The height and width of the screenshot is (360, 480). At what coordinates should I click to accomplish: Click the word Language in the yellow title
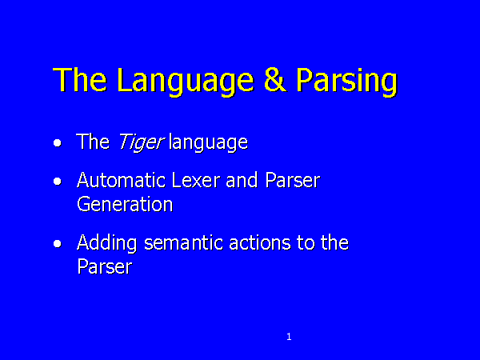pos(186,81)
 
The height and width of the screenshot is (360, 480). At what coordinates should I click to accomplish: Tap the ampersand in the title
pos(275,79)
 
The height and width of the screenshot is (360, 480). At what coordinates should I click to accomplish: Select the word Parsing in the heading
pos(346,81)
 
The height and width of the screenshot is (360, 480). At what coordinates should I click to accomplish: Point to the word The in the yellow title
pos(80,79)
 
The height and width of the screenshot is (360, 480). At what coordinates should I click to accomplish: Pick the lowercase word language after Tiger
pos(208,142)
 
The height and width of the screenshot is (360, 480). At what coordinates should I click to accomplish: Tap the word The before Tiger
pos(93,142)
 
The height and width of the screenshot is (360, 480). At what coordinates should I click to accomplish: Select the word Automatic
pos(122,180)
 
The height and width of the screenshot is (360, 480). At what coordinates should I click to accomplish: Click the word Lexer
pos(196,180)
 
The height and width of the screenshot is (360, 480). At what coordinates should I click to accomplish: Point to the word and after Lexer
pos(242,180)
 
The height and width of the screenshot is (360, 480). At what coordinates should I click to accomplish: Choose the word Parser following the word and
pos(293,180)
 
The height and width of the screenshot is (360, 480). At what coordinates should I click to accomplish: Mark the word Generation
pos(125,204)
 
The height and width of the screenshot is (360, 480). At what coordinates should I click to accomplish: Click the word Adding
pos(106,244)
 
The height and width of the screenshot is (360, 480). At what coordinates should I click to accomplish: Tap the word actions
pos(259,242)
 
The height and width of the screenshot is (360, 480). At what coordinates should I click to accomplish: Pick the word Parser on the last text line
pos(104,266)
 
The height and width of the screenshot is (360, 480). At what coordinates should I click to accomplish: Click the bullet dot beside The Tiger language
pos(58,143)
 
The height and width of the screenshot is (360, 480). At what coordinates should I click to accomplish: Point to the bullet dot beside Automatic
pos(58,182)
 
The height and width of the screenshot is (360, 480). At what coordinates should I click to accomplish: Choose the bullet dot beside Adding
pos(58,244)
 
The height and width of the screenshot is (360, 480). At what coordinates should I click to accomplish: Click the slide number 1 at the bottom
pos(289,337)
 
